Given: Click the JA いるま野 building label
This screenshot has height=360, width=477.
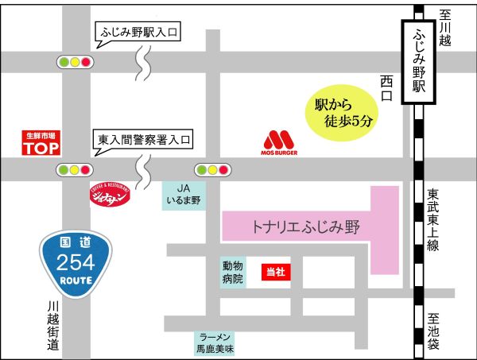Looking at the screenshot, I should (x=184, y=195).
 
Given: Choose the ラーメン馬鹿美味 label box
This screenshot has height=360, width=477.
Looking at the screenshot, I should (x=216, y=343).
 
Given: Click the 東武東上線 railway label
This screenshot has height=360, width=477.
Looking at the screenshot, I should (x=433, y=220).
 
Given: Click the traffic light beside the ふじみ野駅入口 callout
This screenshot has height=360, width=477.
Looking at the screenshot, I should (x=75, y=61).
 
